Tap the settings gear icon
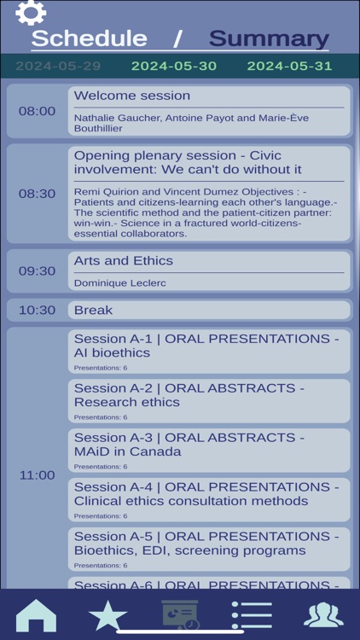(x=30, y=13)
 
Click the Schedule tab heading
(x=89, y=38)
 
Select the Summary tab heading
(x=269, y=38)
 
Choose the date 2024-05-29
(x=58, y=66)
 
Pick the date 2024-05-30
(x=174, y=66)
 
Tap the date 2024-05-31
(x=289, y=66)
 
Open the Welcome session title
(x=132, y=96)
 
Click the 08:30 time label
(x=37, y=194)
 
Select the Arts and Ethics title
(x=124, y=260)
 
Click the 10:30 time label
(x=37, y=310)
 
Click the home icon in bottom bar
(x=36, y=615)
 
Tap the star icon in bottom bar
(x=107, y=615)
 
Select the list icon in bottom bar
(x=252, y=615)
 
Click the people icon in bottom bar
(x=323, y=615)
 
